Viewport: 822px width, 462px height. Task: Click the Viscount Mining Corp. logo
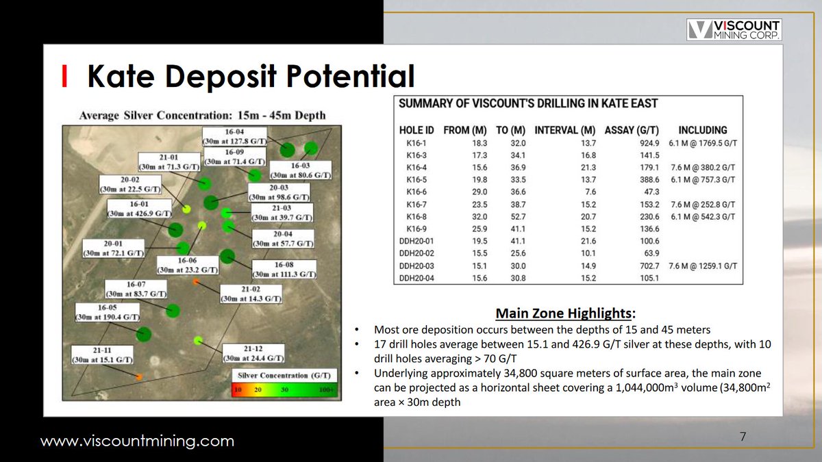coord(734,30)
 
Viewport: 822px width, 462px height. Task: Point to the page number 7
coord(743,436)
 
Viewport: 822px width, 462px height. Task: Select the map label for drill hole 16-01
coord(138,209)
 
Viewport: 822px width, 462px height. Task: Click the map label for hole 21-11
coord(103,355)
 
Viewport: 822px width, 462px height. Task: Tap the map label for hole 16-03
coord(300,170)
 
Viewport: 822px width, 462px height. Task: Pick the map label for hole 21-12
coord(253,352)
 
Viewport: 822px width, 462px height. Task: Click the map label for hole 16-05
coord(108,313)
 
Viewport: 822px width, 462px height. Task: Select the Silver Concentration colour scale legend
coord(282,383)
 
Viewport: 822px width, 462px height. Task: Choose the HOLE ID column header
coord(416,130)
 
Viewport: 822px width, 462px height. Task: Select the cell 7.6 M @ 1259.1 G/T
coord(702,266)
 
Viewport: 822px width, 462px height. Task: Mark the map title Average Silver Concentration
coord(202,115)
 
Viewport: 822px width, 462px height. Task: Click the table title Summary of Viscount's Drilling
coord(528,104)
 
